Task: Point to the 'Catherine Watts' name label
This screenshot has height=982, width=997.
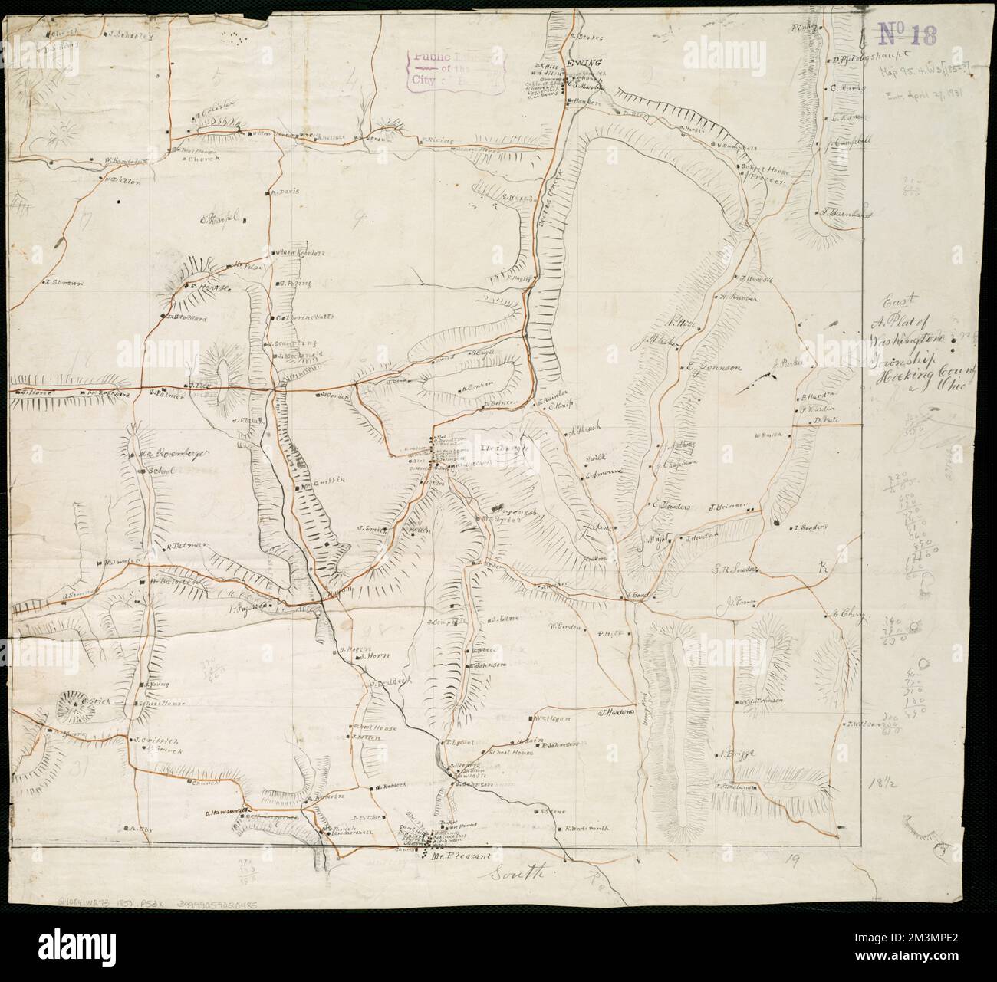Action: (x=301, y=317)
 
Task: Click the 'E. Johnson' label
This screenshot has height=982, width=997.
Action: (x=714, y=367)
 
